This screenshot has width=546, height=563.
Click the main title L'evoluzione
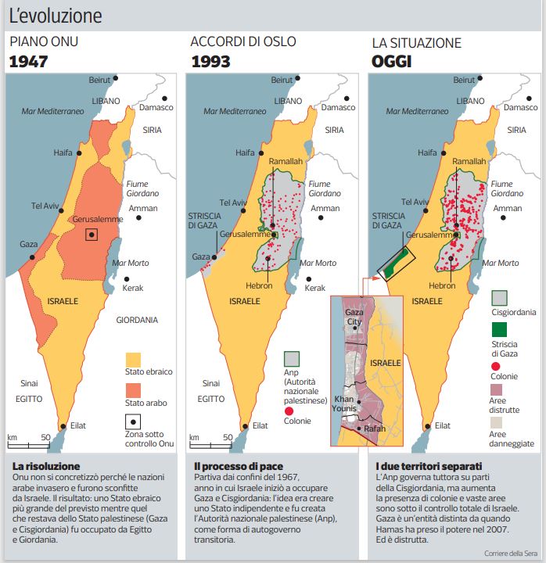tap(56, 15)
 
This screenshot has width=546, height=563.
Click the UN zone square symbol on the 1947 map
tap(92, 235)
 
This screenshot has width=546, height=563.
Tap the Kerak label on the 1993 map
tap(314, 288)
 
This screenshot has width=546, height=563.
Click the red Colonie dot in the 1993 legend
tap(291, 411)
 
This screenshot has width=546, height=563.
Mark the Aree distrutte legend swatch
tap(500, 389)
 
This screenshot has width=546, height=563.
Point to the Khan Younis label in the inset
tap(345, 403)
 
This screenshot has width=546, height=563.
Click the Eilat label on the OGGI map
tap(442, 425)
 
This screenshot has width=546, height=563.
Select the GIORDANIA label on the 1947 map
tap(137, 320)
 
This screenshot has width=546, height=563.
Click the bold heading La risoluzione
tap(46, 466)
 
